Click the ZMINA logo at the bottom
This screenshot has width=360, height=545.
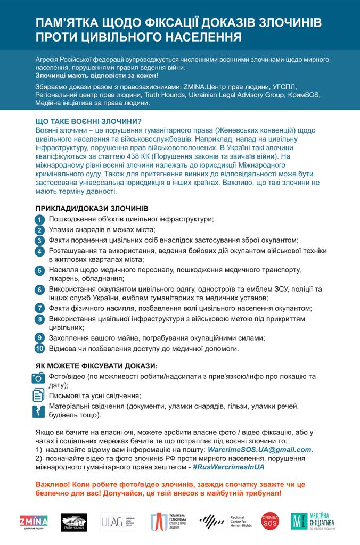pos(34,521)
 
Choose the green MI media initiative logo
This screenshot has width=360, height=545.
pos(314,521)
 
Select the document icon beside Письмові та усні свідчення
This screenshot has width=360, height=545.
pos(39,395)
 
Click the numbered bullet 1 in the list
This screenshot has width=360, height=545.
pos(39,220)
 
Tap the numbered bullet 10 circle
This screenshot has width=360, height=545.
pos(39,349)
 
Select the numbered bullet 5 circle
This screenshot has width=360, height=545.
pos(39,271)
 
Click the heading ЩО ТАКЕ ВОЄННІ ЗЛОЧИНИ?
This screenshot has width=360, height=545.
pos(88,121)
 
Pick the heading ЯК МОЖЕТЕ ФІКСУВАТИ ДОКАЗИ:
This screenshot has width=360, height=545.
pos(96,366)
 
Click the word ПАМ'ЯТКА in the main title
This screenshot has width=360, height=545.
pos(65,23)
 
